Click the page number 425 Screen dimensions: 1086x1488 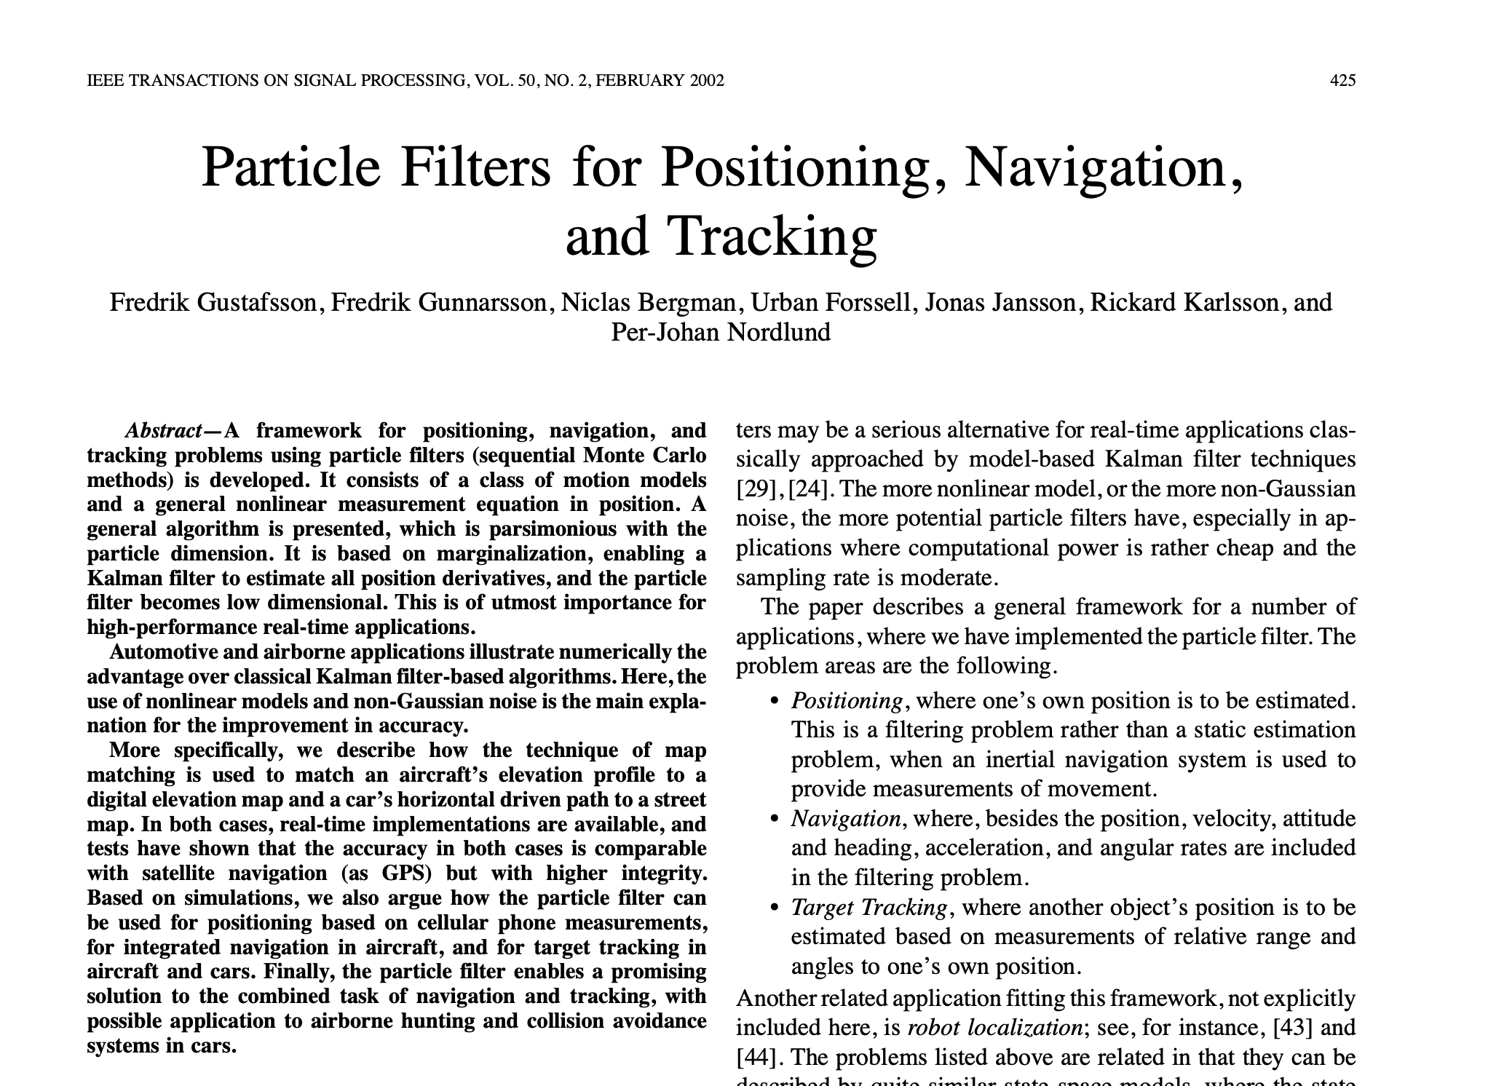[x=1342, y=81]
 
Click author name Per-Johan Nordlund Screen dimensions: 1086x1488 [x=721, y=332]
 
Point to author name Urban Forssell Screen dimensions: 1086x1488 [x=831, y=302]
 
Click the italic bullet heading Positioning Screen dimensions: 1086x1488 [x=847, y=701]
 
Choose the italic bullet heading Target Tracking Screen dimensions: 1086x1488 [x=868, y=908]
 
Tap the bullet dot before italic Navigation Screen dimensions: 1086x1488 [x=775, y=820]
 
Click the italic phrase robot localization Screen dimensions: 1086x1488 [x=994, y=1028]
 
